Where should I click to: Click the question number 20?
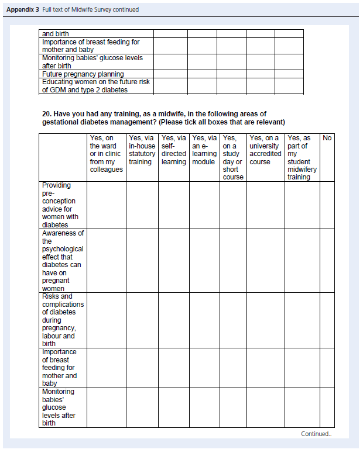pos(46,113)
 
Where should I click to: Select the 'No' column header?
pos(327,138)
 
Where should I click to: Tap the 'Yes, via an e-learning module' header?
pos(204,150)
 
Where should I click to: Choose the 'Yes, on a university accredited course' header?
pos(265,150)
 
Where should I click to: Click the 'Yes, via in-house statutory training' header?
pos(142,150)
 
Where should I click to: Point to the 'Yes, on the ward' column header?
pos(106,154)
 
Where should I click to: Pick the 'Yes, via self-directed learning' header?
pos(173,150)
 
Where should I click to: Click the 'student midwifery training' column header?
pos(302,157)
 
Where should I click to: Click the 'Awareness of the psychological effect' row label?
pos(62,260)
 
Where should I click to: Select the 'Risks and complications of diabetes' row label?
pos(62,320)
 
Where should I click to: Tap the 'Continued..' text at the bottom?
pos(316,434)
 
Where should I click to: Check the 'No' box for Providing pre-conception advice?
pos(327,205)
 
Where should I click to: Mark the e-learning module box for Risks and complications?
pos(204,320)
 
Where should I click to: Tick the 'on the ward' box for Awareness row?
pos(106,260)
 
